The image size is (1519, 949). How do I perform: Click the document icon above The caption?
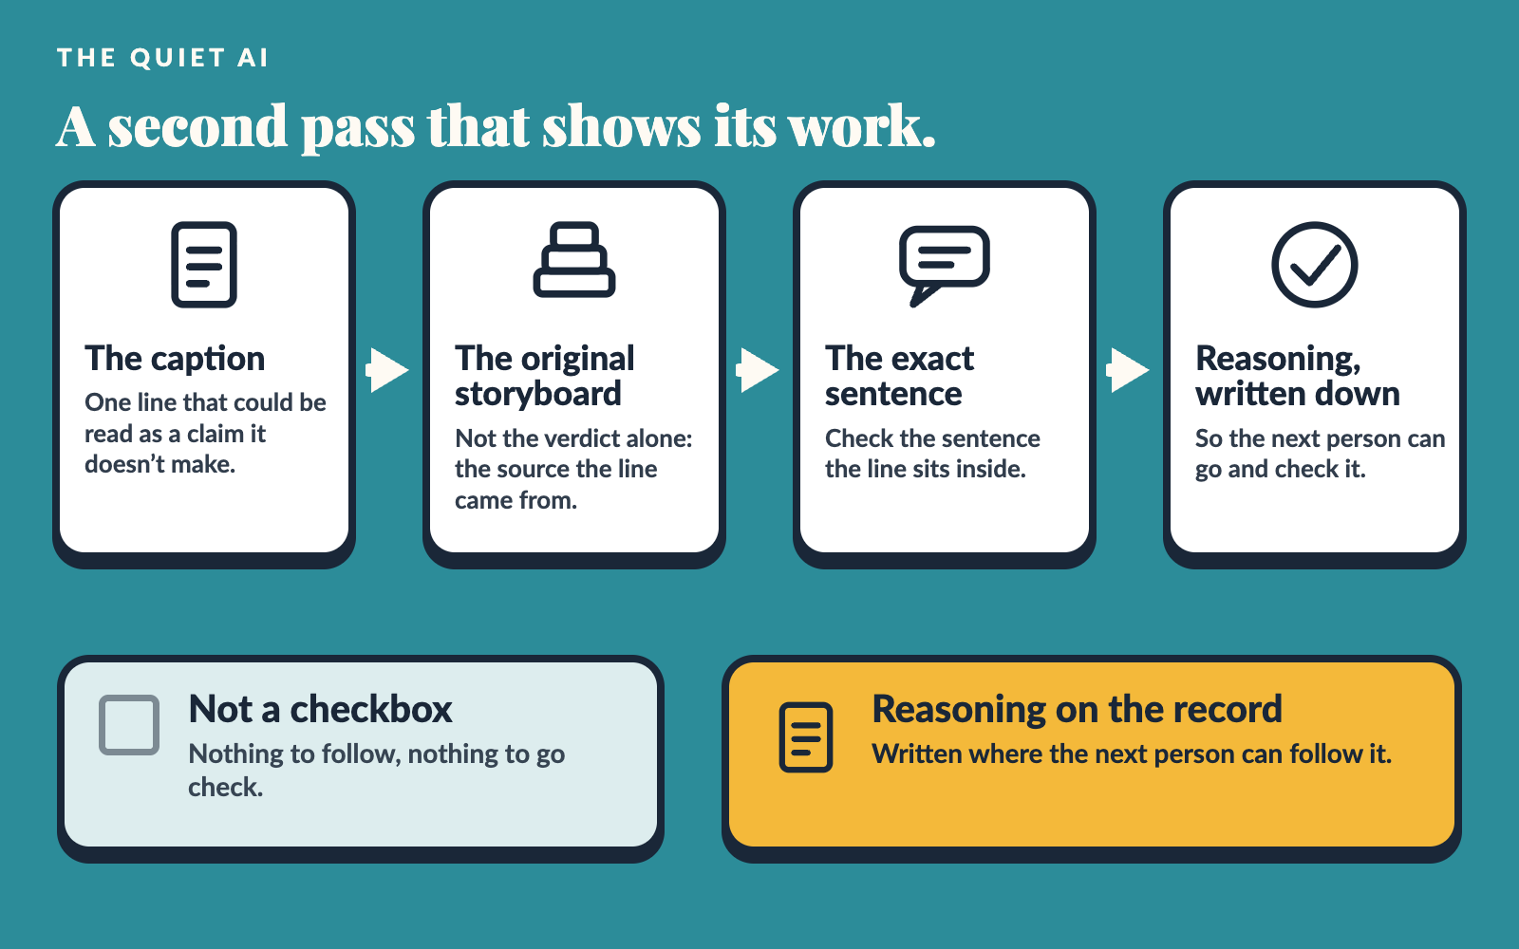(204, 265)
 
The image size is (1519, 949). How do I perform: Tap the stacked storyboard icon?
(574, 260)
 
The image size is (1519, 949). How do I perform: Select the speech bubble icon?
(944, 266)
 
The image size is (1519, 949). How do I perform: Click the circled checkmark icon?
(1314, 265)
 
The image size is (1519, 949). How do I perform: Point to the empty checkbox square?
(129, 725)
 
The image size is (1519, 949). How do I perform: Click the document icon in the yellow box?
(806, 737)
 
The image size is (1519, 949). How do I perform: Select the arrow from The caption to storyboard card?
(388, 370)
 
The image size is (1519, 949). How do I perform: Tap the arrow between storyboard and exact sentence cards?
(758, 370)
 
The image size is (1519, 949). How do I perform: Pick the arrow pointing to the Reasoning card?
(1128, 370)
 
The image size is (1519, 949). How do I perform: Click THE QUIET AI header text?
(162, 58)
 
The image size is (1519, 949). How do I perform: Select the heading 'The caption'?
(175, 359)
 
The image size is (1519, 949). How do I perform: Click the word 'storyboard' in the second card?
(537, 394)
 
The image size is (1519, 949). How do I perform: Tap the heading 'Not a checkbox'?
(320, 709)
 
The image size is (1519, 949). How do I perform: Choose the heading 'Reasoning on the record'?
(1077, 710)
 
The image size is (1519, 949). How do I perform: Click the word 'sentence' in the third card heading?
(893, 394)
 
